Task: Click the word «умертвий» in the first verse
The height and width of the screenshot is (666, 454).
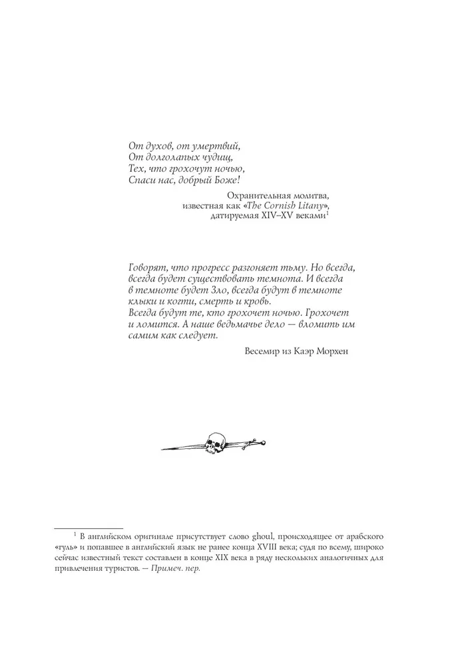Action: [213, 145]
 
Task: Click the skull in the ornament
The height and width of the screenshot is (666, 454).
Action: [216, 440]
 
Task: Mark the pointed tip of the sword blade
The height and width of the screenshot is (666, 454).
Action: [164, 450]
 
